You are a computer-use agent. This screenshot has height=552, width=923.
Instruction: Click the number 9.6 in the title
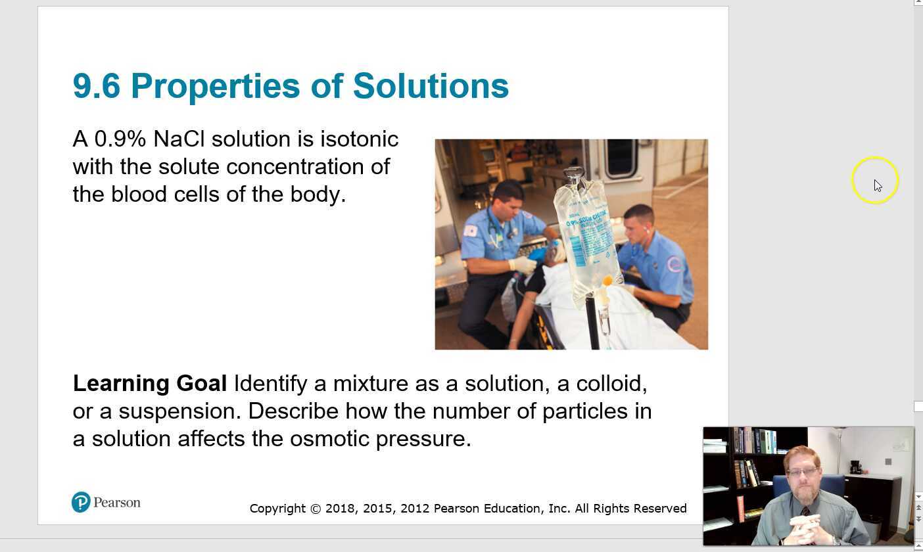[x=96, y=86]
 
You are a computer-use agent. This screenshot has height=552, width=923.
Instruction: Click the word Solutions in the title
[x=431, y=86]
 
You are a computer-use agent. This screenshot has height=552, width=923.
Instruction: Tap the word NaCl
[x=179, y=139]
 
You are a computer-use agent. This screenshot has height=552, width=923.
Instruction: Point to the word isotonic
[x=359, y=139]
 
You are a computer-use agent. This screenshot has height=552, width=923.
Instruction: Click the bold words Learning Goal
[x=150, y=383]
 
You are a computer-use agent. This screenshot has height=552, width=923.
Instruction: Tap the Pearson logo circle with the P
[x=81, y=503]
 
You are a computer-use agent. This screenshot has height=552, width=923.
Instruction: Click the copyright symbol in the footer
[x=316, y=509]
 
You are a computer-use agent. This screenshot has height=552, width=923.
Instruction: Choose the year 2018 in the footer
[x=339, y=509]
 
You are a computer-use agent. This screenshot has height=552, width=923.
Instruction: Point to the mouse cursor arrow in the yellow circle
[x=877, y=185]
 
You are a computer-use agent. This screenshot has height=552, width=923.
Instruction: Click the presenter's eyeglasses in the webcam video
[x=802, y=471]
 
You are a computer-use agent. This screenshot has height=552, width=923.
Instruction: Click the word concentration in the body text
[x=295, y=167]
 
